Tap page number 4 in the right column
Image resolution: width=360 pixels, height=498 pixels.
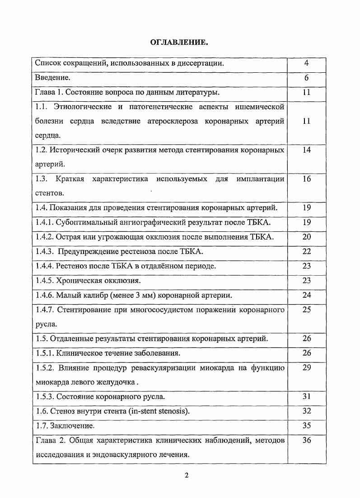coord(306,63)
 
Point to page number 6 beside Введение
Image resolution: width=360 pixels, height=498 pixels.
coord(306,78)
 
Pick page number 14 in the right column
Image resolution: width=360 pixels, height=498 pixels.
coord(306,150)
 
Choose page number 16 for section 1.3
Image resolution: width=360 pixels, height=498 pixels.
coord(306,179)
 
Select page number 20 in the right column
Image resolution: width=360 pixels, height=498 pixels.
coord(306,237)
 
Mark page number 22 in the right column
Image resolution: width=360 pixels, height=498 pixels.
coord(306,251)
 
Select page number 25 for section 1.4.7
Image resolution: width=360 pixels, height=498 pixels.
coord(306,310)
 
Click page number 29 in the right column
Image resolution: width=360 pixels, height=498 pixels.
coord(306,367)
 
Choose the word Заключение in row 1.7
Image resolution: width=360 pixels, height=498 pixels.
coord(71,426)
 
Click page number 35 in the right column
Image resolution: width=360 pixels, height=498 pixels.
coord(306,426)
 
